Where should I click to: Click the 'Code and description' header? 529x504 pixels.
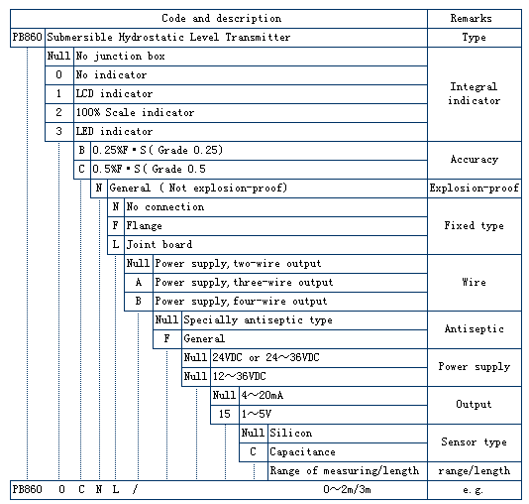point(221,18)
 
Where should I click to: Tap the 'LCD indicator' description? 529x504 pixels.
point(114,93)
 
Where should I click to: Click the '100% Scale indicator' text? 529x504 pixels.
point(135,112)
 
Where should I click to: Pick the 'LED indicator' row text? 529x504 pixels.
point(114,131)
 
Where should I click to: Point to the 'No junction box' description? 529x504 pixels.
point(120,57)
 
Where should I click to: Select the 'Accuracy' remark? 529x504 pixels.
point(474,160)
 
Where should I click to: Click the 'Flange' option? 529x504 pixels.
point(144,225)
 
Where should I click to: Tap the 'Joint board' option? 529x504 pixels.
point(159,244)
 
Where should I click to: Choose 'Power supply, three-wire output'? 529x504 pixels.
point(244,283)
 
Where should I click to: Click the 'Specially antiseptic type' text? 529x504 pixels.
point(258,320)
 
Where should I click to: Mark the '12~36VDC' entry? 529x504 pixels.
point(239,376)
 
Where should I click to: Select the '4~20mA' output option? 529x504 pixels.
point(263,395)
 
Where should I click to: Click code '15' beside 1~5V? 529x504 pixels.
point(224,414)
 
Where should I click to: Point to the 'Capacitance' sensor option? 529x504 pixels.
point(302,452)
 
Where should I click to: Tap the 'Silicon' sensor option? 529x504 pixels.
point(291,433)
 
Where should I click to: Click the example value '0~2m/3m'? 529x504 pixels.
point(347,489)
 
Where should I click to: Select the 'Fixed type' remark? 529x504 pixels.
point(474,225)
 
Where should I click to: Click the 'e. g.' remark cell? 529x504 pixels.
point(473,490)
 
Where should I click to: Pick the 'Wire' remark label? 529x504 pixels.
point(474,282)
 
